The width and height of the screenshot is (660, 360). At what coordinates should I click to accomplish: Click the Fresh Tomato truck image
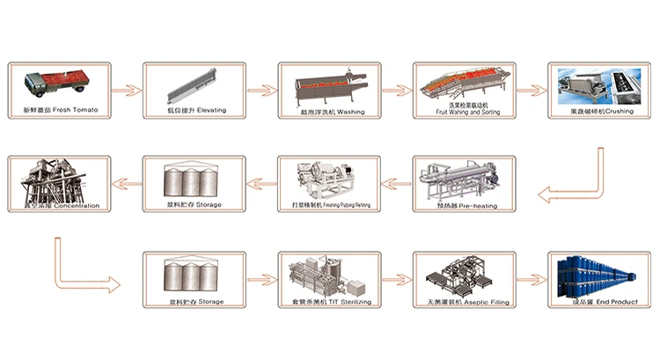53,84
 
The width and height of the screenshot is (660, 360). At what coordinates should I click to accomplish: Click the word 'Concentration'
76,205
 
